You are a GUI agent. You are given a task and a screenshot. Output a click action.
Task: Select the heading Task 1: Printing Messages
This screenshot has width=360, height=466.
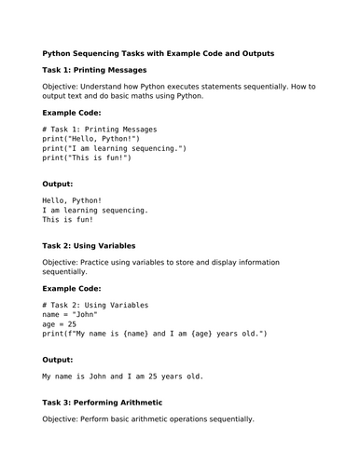pyautogui.click(x=94, y=70)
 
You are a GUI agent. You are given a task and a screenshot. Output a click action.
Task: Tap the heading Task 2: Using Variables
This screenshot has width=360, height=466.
pyautogui.click(x=90, y=246)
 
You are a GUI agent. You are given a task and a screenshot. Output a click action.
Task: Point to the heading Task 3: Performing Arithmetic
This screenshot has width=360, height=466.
pyautogui.click(x=103, y=402)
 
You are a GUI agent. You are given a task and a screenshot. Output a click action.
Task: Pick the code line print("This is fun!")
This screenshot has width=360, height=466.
pyautogui.click(x=87, y=158)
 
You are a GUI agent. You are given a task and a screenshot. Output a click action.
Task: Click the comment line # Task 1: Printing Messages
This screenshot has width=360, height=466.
pyautogui.click(x=100, y=129)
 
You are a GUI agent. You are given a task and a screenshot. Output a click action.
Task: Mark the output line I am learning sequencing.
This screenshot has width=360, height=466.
pyautogui.click(x=95, y=211)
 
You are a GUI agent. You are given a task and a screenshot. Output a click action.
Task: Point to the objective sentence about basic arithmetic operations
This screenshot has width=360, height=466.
pyautogui.click(x=148, y=418)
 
